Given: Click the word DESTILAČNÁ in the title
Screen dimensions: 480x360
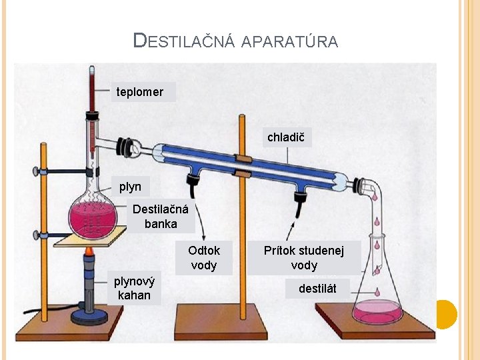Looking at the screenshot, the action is pos(184,41).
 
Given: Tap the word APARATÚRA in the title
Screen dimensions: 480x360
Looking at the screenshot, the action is pos(289,42).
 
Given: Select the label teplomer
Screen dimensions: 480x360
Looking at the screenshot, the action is pos(140,92).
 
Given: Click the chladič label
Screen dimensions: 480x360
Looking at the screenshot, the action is pos(285,138).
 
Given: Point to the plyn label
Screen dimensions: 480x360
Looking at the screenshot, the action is pos(130,187).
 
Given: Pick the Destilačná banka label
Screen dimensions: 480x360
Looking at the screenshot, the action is pos(161,217).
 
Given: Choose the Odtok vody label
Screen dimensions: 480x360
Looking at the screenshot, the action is pos(204,258).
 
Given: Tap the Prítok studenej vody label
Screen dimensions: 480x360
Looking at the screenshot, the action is pos(304,258).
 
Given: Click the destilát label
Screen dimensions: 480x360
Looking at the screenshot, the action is pos(317,289).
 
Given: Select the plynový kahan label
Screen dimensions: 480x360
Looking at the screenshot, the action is pos(133,288).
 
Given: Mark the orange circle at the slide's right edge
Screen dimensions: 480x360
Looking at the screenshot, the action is pos(446,314).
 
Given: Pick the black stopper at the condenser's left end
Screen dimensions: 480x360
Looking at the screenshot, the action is pos(125,145).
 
